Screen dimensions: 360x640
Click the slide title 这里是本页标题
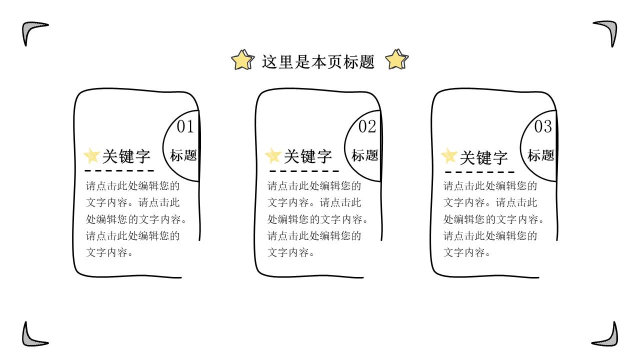pos(318,61)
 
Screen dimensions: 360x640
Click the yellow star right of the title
pos(397,59)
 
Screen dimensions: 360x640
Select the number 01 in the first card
pos(185,127)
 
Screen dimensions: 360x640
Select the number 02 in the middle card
pos(367,127)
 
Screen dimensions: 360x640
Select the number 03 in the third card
pos(543,127)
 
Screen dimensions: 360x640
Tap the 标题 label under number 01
pos(183,155)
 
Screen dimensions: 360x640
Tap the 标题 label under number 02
pos(365,155)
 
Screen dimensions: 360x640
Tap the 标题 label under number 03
pos(541,155)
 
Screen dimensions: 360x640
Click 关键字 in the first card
pos(126,156)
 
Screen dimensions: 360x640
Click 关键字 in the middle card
pos(308,156)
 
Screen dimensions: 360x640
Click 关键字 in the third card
pos(483,157)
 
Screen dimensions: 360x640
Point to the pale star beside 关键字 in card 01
pos(91,156)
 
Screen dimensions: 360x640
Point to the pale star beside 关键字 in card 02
pos(273,156)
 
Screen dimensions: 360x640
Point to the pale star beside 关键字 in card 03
pos(449,156)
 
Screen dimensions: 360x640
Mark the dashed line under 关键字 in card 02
pos(302,171)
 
